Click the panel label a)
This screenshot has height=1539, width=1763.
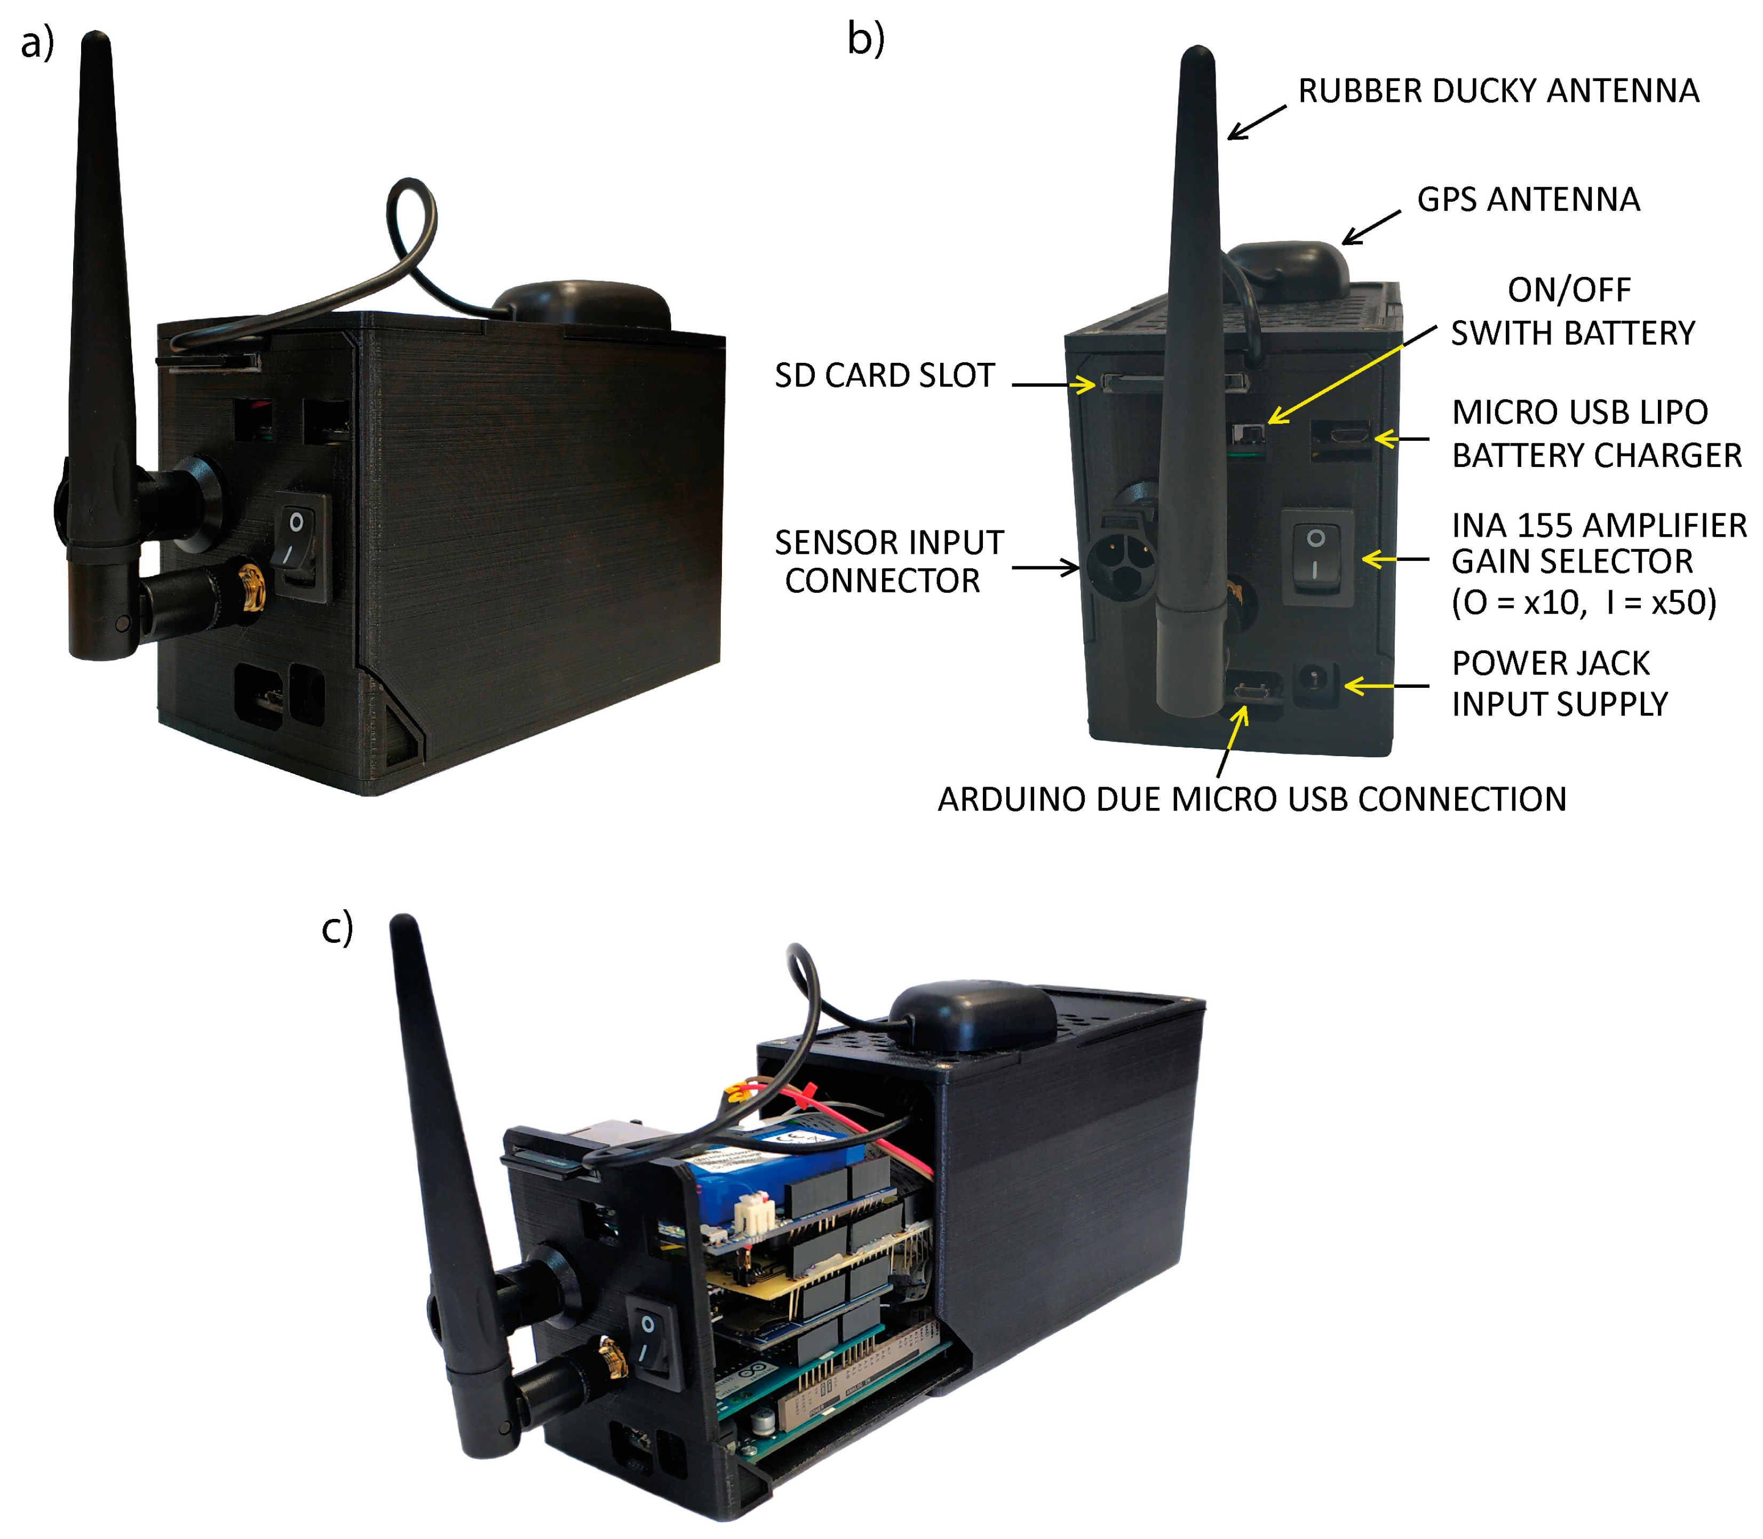pyautogui.click(x=36, y=43)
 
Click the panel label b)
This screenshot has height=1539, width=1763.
pyautogui.click(x=865, y=39)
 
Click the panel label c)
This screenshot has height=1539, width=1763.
pyautogui.click(x=337, y=929)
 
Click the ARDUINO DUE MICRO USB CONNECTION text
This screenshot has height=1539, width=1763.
pyautogui.click(x=1251, y=799)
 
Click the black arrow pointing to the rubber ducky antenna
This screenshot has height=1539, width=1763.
pyautogui.click(x=1256, y=122)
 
